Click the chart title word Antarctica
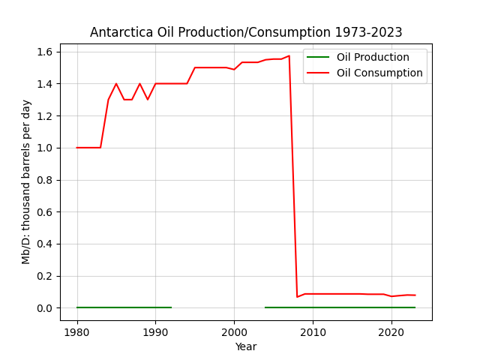click(x=121, y=32)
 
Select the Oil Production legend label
click(x=373, y=57)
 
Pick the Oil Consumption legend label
click(x=379, y=73)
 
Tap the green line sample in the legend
click(x=318, y=57)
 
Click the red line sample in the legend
click(x=318, y=73)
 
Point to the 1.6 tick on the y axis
click(x=45, y=52)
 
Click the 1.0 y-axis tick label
click(x=45, y=148)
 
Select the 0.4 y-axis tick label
click(x=45, y=244)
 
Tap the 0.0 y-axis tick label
click(x=45, y=308)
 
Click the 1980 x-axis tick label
click(x=77, y=332)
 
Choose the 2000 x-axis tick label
click(x=234, y=332)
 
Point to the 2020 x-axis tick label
click(x=391, y=332)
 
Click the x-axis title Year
click(x=246, y=346)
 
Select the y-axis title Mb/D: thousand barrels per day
click(x=26, y=182)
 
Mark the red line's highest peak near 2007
click(x=289, y=55)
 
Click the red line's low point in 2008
click(x=297, y=297)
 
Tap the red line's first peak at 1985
click(x=116, y=83)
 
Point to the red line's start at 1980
click(x=76, y=148)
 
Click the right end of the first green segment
click(x=172, y=307)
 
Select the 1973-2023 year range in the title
click(x=368, y=32)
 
